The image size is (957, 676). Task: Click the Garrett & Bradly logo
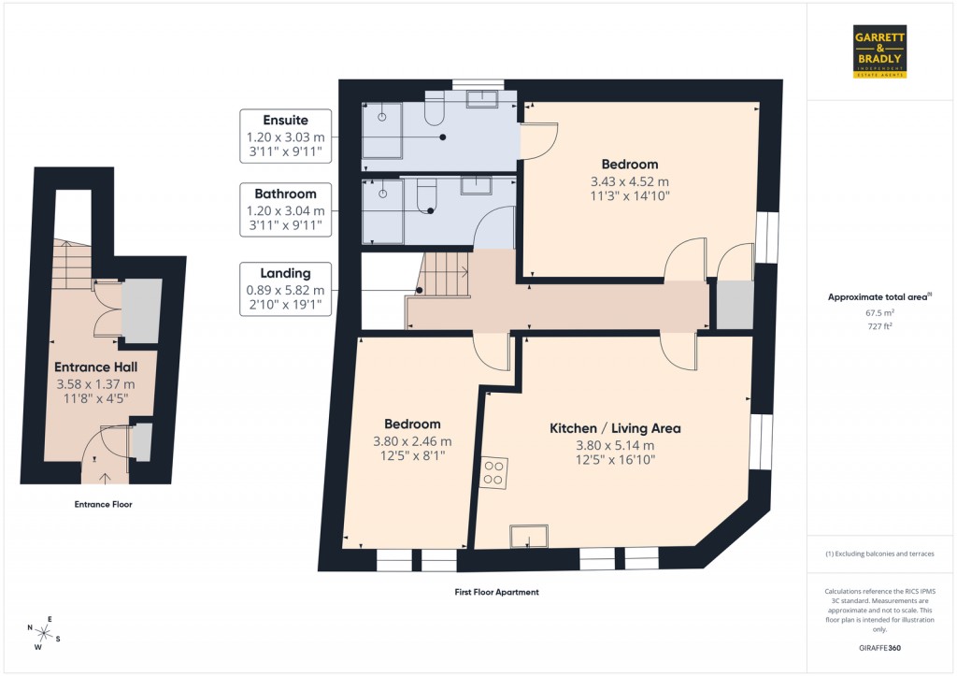click(x=880, y=50)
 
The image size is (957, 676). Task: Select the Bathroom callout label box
click(x=285, y=210)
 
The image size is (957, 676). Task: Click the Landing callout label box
click(x=285, y=289)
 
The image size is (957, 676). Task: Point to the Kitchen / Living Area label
click(x=614, y=428)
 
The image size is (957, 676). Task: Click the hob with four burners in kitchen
click(x=493, y=474)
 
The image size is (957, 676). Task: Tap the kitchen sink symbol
click(x=529, y=536)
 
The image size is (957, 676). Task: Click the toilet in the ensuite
click(x=434, y=111)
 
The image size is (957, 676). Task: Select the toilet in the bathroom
click(x=426, y=195)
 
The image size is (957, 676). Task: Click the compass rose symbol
click(x=43, y=631)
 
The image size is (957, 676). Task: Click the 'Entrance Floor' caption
click(x=103, y=505)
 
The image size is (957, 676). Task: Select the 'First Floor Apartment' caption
click(x=495, y=592)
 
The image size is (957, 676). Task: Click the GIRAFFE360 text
click(x=879, y=648)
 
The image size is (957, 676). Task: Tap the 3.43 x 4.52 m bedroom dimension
click(x=630, y=181)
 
